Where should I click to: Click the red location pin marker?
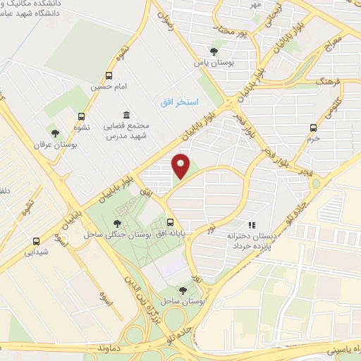(181, 166)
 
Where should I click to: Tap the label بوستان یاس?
(214, 61)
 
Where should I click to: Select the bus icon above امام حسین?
(109, 75)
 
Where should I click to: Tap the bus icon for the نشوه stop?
(82, 117)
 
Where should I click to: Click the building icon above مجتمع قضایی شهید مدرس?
(126, 115)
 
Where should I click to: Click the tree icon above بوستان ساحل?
(183, 290)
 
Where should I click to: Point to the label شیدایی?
(35, 251)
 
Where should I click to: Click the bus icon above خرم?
(314, 128)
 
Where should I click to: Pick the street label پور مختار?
(235, 31)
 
